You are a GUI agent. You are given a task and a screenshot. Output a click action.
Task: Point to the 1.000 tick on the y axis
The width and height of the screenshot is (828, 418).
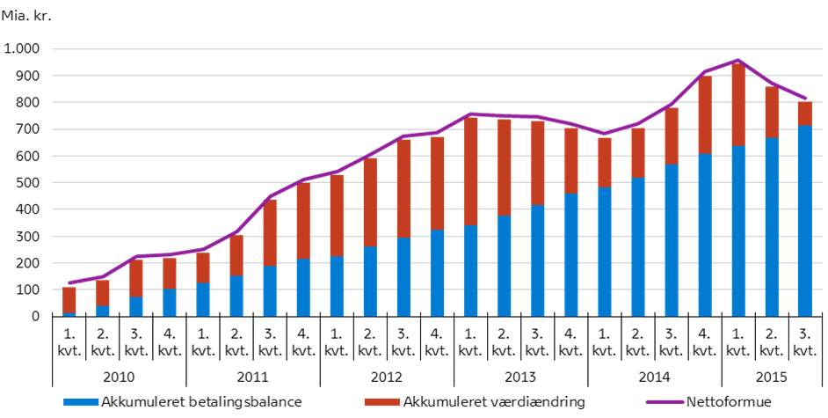[22, 49]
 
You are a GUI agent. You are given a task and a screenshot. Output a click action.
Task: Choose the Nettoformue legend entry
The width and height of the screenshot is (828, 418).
[720, 402]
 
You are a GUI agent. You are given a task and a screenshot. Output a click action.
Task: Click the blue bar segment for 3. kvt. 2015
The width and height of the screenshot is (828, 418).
[804, 221]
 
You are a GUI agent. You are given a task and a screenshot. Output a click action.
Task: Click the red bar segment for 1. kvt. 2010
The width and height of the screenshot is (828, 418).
[69, 299]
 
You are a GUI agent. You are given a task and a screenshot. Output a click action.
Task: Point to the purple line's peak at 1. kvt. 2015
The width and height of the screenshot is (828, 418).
[737, 61]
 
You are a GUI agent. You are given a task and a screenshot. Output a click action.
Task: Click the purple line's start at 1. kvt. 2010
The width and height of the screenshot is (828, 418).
[69, 283]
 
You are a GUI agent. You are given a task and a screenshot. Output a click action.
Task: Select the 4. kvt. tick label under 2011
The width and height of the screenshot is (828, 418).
[302, 343]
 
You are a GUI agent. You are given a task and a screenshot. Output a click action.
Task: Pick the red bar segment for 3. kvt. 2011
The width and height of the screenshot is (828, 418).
[269, 232]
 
